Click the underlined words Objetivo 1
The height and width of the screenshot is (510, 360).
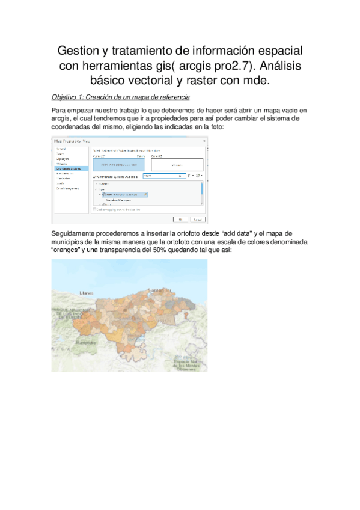tap(69, 97)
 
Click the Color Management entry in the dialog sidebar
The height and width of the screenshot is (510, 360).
tap(69, 188)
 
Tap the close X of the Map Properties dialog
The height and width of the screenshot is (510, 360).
tap(203, 141)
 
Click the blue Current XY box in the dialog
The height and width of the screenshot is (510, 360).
tap(118, 164)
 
